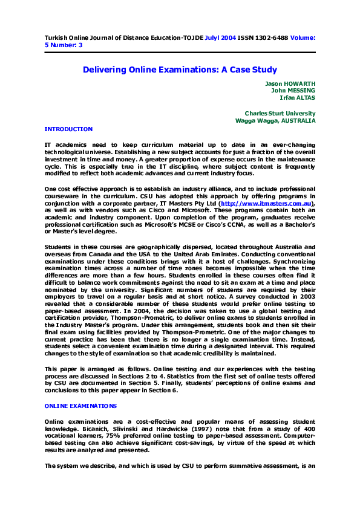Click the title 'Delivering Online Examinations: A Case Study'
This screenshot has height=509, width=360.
coord(180,70)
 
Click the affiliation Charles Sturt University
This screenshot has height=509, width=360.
coord(280,114)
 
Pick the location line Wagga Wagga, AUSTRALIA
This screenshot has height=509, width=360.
coord(275,121)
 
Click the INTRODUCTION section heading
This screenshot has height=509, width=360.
coord(69,129)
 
